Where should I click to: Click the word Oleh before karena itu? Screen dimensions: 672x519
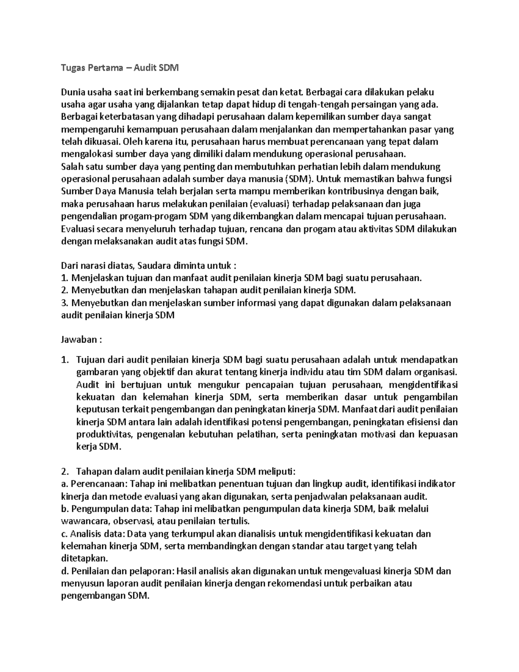pos(132,141)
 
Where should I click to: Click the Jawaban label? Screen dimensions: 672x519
pos(79,340)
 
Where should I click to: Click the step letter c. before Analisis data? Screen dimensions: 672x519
pos(64,534)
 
